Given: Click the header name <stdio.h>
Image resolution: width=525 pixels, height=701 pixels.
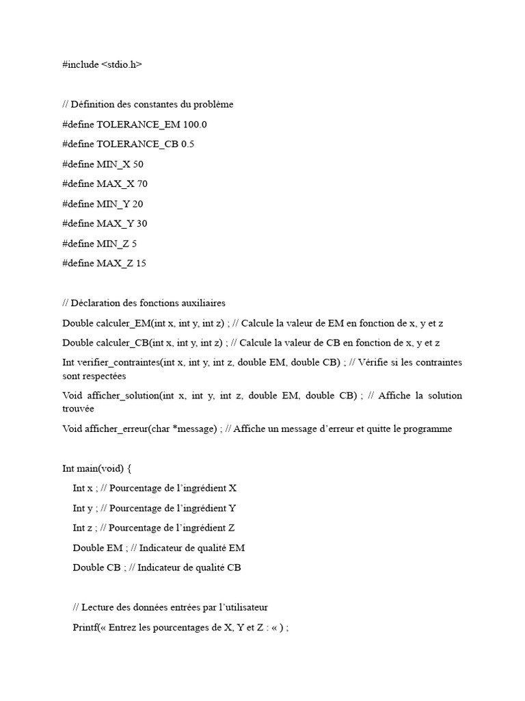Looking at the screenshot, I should point(122,64).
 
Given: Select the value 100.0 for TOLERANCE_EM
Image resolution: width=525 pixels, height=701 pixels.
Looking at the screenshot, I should point(194,124).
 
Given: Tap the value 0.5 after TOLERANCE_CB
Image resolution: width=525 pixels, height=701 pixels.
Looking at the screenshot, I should point(188,144).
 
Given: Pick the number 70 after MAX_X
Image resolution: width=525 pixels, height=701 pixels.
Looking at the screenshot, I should point(142,183).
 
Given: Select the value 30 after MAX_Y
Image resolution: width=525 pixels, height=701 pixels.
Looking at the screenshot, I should point(142,223).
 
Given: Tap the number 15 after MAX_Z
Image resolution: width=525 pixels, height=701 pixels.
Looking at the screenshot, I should point(141,263).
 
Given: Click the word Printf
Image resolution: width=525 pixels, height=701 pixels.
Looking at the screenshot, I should point(85,627).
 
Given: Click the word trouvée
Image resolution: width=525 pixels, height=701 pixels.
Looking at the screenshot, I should point(78,408).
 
